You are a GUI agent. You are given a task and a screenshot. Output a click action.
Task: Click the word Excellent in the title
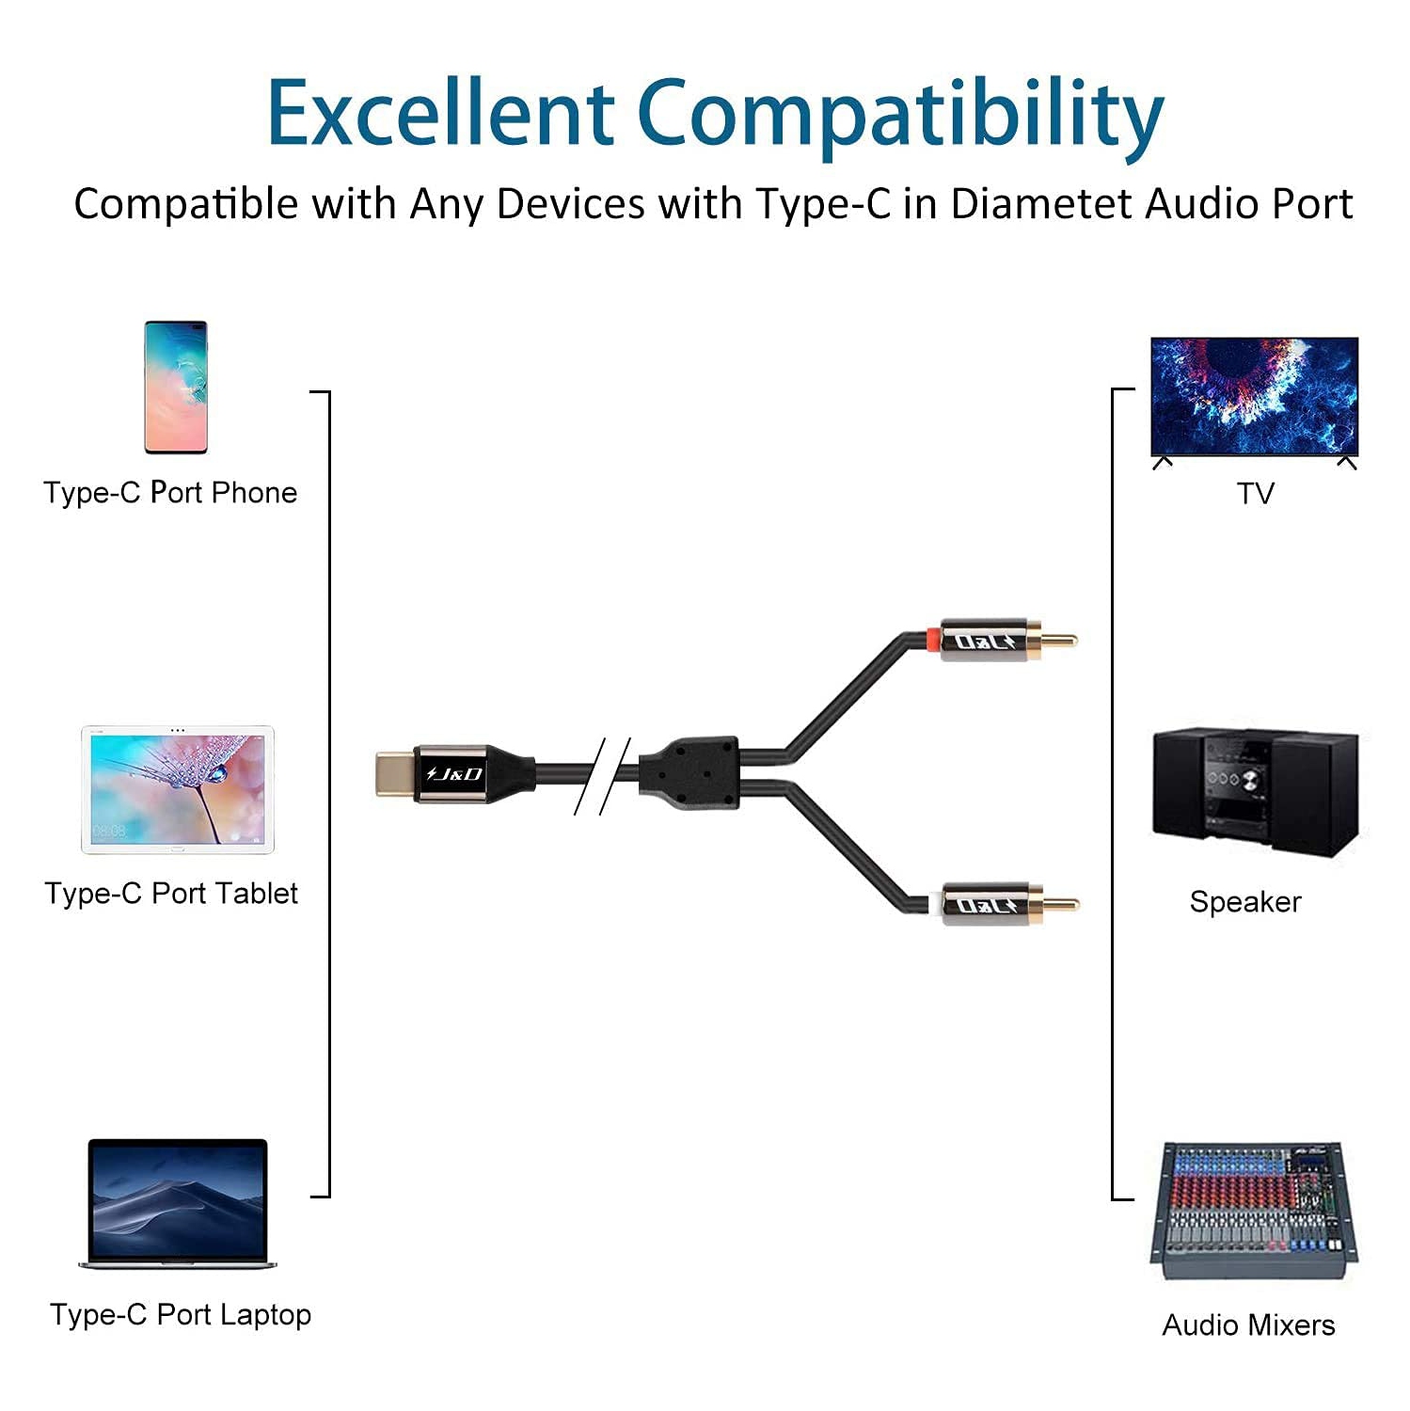[440, 114]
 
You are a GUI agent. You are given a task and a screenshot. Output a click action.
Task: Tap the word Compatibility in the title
[900, 117]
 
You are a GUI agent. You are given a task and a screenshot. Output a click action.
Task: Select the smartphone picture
[176, 387]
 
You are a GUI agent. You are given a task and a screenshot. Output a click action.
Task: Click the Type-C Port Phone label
[170, 493]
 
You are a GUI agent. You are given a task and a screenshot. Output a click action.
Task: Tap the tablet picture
[178, 789]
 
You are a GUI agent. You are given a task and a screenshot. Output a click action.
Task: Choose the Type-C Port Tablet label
[171, 894]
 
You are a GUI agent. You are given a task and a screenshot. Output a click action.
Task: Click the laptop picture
[178, 1204]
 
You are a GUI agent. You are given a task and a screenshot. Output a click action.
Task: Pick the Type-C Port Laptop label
[181, 1314]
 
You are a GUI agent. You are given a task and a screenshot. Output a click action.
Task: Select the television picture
[1255, 398]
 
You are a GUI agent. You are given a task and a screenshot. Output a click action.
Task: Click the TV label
[1256, 494]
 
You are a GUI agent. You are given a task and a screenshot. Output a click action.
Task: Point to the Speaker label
[1245, 902]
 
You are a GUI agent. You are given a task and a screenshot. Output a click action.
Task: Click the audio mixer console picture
[1255, 1211]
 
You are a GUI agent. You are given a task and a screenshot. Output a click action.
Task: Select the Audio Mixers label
[1248, 1325]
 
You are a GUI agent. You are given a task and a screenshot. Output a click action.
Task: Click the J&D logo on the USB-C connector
[454, 774]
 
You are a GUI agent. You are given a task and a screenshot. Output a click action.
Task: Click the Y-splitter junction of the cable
[690, 773]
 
